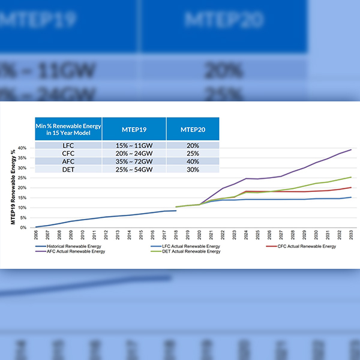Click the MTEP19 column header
134,128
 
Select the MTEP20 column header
192,128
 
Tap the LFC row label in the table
68,145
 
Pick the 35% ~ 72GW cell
134,161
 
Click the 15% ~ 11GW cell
134,145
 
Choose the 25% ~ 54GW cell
134,170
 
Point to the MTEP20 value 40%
192,161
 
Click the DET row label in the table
68,170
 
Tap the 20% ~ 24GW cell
134,154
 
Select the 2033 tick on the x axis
350,234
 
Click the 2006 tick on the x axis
37,234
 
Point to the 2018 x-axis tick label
176,234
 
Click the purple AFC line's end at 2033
350,150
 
